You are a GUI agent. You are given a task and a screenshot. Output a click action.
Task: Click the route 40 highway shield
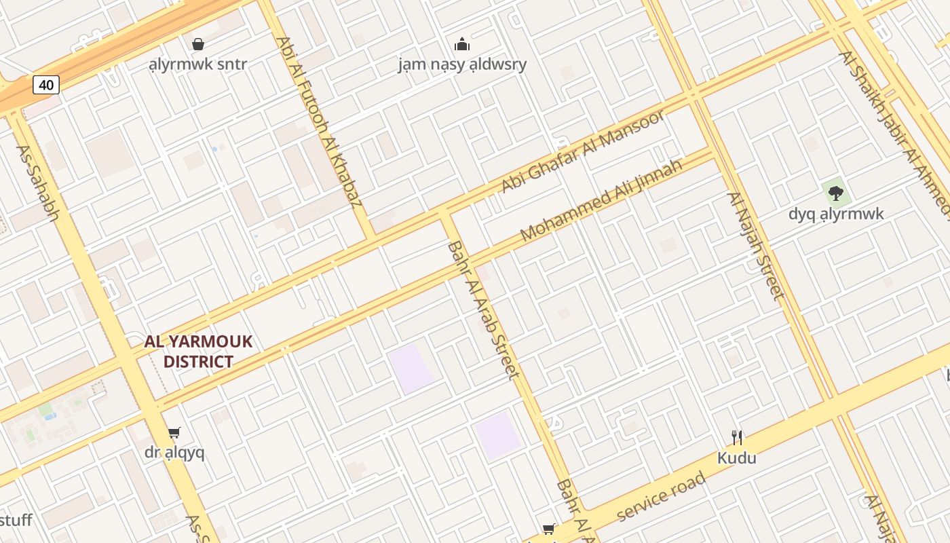click(x=46, y=85)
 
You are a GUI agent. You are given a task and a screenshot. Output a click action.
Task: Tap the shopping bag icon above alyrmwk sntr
click(x=198, y=44)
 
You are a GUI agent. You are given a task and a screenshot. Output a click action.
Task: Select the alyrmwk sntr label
click(x=198, y=65)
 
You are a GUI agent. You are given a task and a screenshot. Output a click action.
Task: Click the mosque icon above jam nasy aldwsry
click(x=462, y=45)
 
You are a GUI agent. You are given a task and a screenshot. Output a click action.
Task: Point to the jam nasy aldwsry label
click(x=462, y=65)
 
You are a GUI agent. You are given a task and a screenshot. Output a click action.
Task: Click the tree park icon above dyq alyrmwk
click(x=836, y=193)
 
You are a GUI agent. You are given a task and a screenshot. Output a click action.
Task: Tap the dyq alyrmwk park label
click(x=836, y=214)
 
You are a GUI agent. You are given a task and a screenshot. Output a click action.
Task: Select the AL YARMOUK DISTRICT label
click(x=198, y=352)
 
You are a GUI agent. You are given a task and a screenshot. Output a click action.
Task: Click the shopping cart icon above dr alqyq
click(x=174, y=432)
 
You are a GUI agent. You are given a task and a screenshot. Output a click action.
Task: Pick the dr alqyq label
click(x=174, y=453)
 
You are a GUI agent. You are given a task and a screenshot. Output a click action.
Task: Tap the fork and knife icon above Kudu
click(x=737, y=437)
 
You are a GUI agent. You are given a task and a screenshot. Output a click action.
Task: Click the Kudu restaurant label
click(x=737, y=458)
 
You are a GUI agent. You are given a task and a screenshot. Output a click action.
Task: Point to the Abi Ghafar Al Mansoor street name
click(x=583, y=151)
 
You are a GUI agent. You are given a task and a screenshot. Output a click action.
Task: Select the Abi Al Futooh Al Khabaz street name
click(x=320, y=122)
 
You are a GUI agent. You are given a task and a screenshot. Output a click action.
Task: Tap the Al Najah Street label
click(x=756, y=246)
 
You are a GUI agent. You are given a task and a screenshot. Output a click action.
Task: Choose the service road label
click(x=662, y=497)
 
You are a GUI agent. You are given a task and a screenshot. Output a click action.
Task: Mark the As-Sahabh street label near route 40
click(x=38, y=183)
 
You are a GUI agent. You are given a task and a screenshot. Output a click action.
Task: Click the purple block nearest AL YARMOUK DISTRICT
click(x=411, y=369)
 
